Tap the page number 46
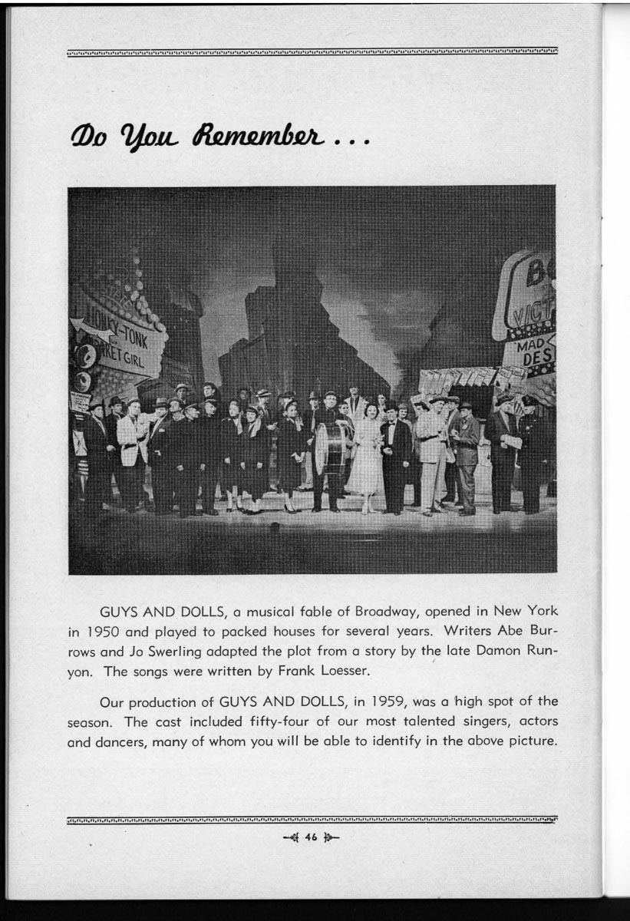click(310, 837)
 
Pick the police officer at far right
click(530, 453)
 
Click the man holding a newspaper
click(503, 449)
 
